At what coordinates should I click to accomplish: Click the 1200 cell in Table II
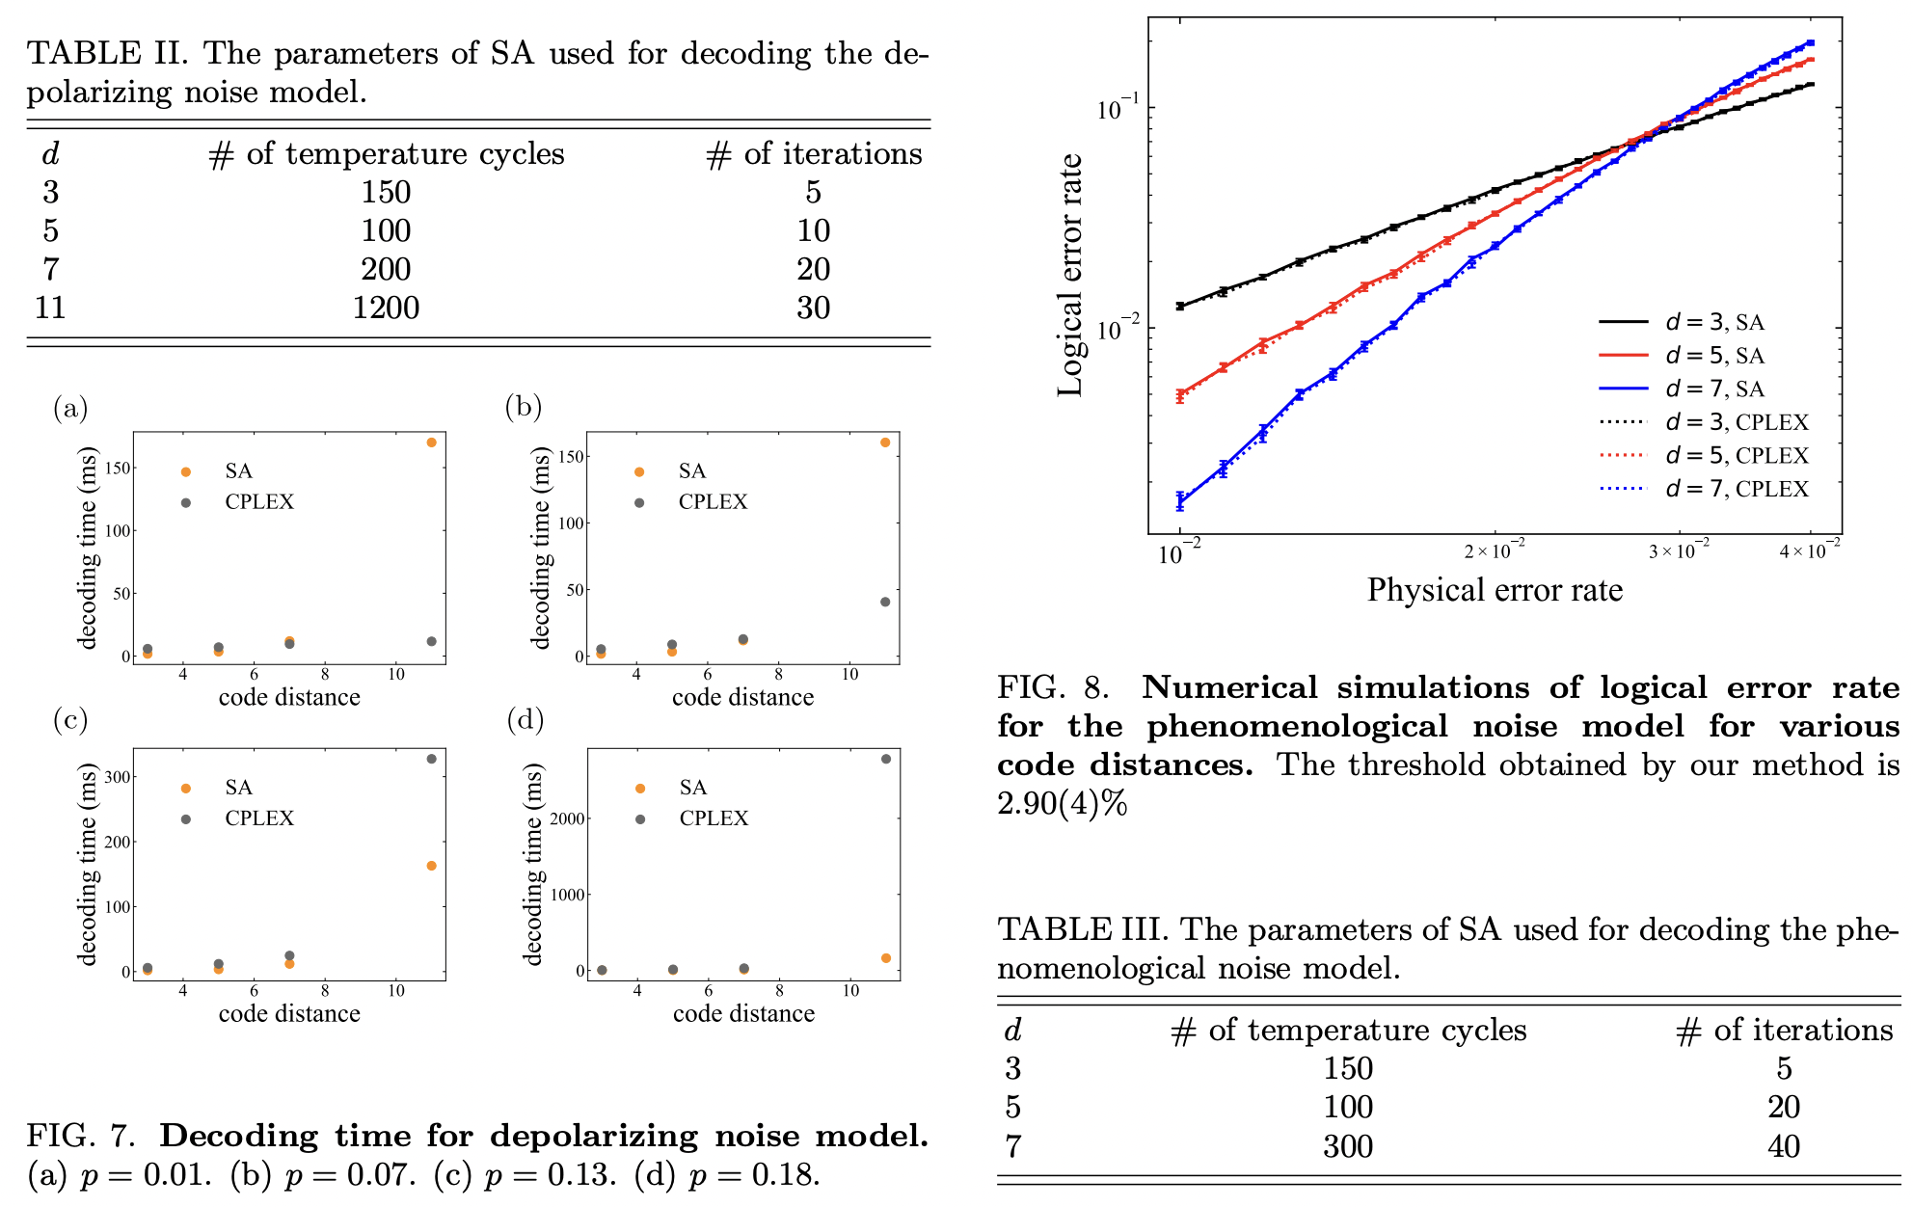coord(386,308)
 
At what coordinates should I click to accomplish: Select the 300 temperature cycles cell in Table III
coord(1347,1146)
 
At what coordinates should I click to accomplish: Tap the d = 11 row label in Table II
coord(50,308)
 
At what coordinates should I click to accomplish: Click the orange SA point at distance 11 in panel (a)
coord(431,443)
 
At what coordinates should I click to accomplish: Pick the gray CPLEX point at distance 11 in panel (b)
coord(885,602)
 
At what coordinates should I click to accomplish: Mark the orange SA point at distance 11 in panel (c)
coord(431,866)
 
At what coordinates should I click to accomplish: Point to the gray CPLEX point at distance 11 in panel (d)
coord(886,759)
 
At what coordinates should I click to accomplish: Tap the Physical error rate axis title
coord(1495,590)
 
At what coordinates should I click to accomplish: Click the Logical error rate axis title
coord(1070,275)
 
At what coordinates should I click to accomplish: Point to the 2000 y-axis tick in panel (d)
coord(567,818)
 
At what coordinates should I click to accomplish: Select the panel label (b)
coord(524,407)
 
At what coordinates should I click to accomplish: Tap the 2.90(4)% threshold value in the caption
coord(1062,803)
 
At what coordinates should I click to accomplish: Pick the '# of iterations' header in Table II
coord(814,154)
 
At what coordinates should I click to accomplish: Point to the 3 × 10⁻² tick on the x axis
coord(1678,551)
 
